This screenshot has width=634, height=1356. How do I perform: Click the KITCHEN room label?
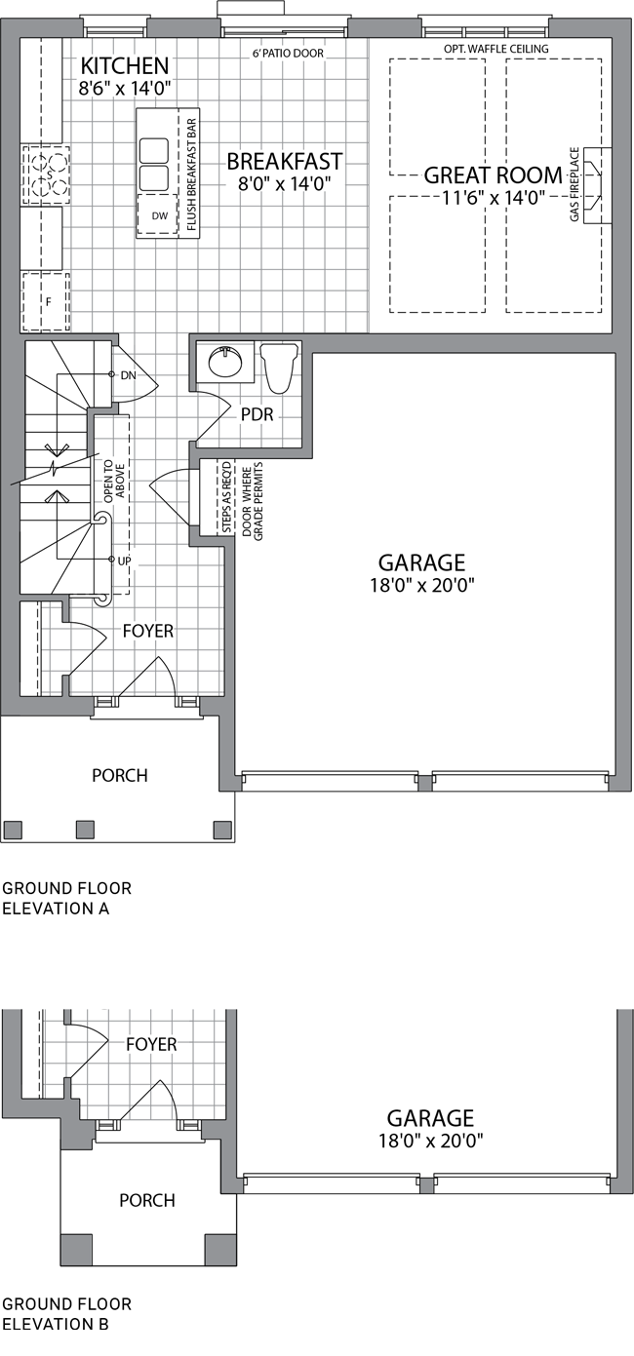point(125,65)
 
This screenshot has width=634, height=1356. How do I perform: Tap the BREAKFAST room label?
point(285,162)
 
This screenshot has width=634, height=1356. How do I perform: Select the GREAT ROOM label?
point(493,174)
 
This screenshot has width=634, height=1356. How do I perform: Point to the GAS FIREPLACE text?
point(575,184)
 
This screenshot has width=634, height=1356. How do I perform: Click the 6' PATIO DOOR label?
point(289,54)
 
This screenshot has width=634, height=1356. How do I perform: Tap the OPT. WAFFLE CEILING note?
point(495,49)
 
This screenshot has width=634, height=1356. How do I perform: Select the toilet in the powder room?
point(280,367)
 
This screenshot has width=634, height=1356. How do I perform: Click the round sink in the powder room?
point(226,362)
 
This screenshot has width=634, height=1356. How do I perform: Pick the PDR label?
point(258,414)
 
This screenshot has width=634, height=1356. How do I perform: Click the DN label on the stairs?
point(129,375)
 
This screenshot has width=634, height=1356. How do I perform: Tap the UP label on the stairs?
point(124,561)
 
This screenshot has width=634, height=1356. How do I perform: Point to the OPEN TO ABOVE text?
point(114,482)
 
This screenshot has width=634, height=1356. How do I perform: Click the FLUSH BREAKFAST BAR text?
point(191,174)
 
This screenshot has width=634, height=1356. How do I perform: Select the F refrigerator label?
point(49,301)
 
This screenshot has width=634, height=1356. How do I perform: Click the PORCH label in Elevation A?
point(120,775)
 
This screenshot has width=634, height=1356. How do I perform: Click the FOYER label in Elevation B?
point(151,1027)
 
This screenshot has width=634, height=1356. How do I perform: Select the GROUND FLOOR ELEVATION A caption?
point(66,899)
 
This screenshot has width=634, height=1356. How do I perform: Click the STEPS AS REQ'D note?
point(226,497)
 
